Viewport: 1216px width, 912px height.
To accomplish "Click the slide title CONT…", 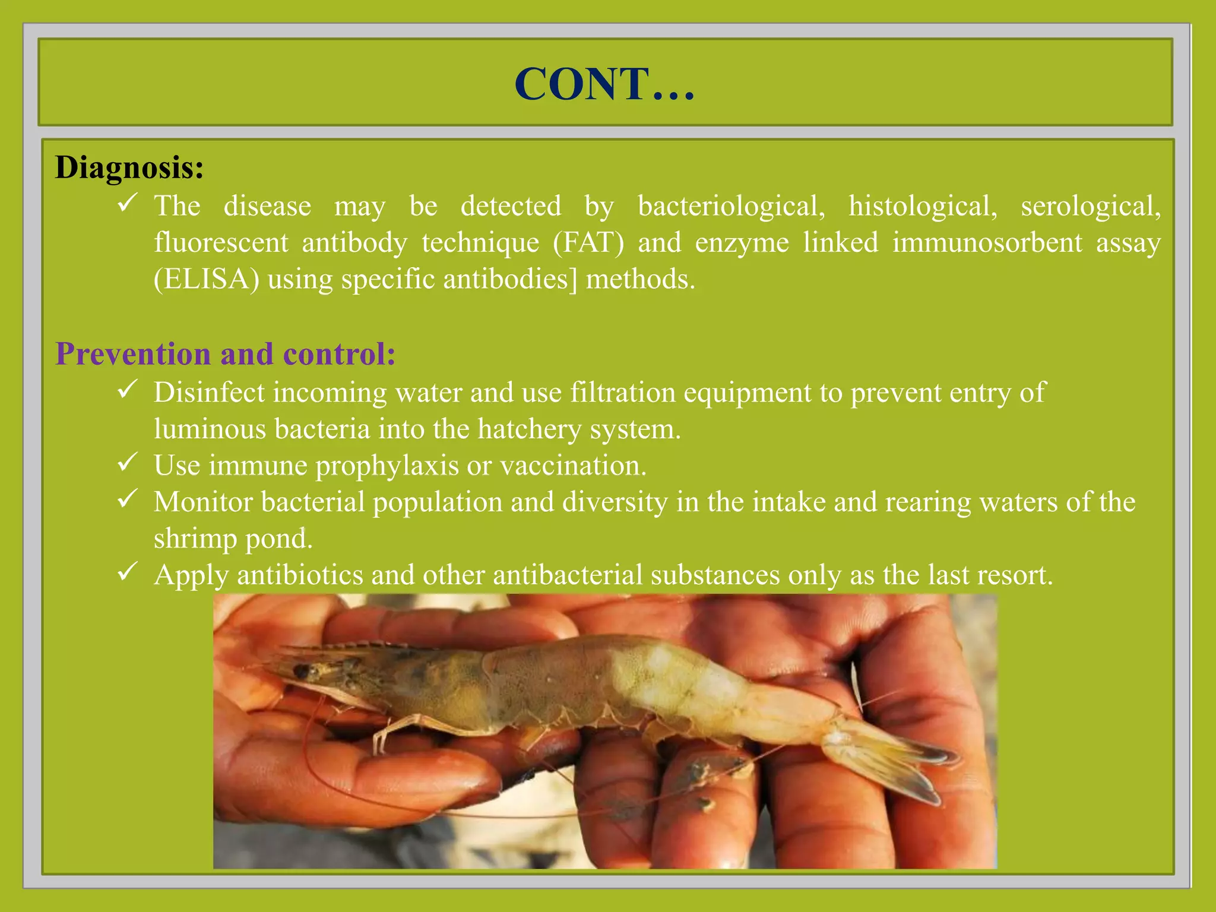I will pyautogui.click(x=604, y=84).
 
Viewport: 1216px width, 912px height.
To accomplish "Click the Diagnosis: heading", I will pyautogui.click(x=129, y=167).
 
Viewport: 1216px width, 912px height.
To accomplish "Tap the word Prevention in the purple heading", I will pyautogui.click(x=133, y=354).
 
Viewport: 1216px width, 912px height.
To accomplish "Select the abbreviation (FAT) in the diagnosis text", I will pyautogui.click(x=588, y=243).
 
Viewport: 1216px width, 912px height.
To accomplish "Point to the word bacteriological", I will pyautogui.click(x=731, y=207).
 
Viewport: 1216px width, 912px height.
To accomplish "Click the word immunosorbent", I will pyautogui.click(x=987, y=243).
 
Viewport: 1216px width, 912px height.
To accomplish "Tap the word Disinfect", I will pyautogui.click(x=209, y=392).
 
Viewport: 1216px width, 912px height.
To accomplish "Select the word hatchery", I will pyautogui.click(x=530, y=429).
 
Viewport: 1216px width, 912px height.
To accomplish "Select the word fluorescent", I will pyautogui.click(x=221, y=243).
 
